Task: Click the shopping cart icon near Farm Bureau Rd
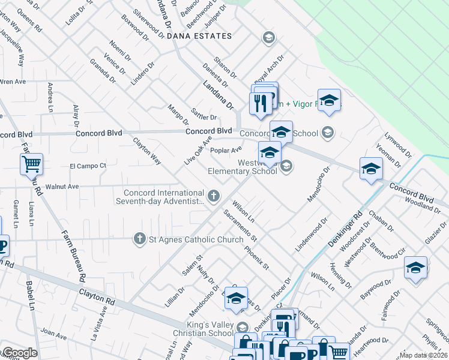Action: coord(31,164)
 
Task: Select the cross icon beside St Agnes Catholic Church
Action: coord(140,239)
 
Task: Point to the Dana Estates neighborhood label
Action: coord(199,37)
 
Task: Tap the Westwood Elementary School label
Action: coord(243,167)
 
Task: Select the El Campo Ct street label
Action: coord(88,166)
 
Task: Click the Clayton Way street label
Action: coord(147,151)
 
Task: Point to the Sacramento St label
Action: coord(240,226)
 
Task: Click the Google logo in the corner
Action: coord(19,353)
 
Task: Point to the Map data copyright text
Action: coord(424,355)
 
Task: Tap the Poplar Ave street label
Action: coord(226,149)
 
